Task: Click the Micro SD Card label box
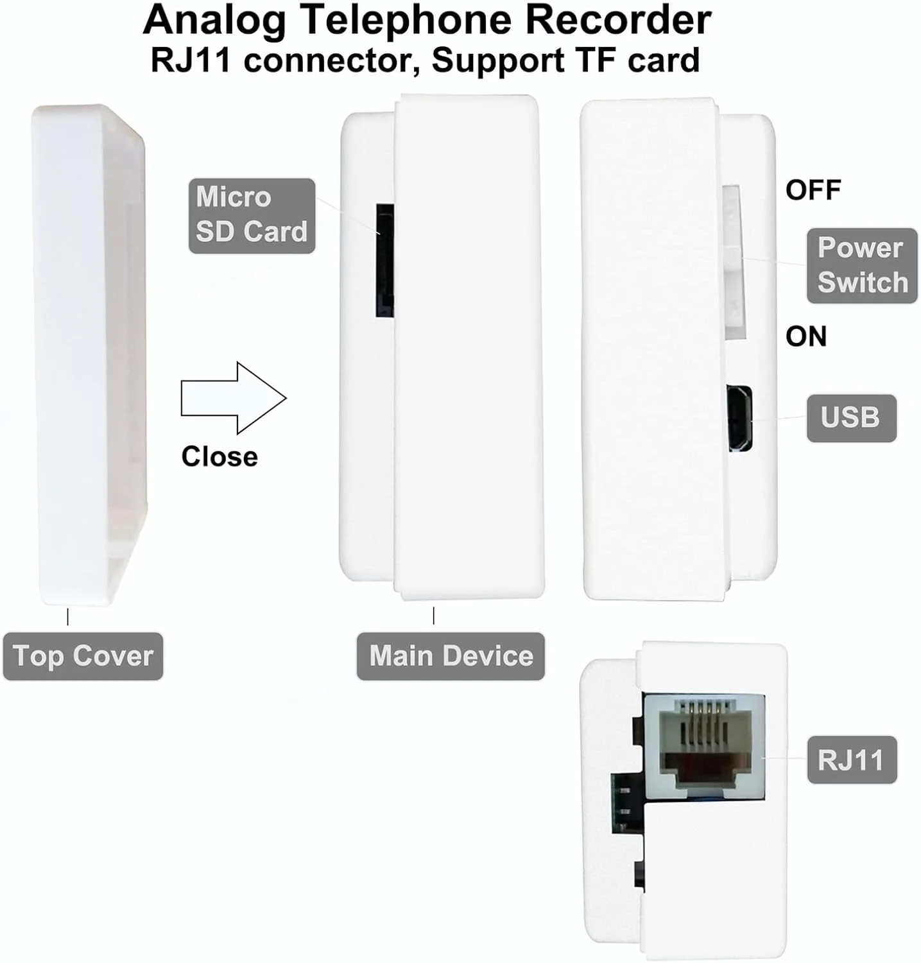click(252, 216)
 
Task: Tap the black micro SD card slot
click(384, 261)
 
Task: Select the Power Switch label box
click(861, 265)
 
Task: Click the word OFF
click(813, 190)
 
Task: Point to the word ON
click(806, 336)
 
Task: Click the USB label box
click(850, 418)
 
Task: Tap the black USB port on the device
click(739, 418)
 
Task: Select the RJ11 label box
click(851, 760)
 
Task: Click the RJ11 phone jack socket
click(704, 747)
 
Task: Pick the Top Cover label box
click(83, 656)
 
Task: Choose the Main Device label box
click(451, 656)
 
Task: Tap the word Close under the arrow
click(219, 456)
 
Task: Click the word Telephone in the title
click(406, 21)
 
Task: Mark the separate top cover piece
click(90, 353)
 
